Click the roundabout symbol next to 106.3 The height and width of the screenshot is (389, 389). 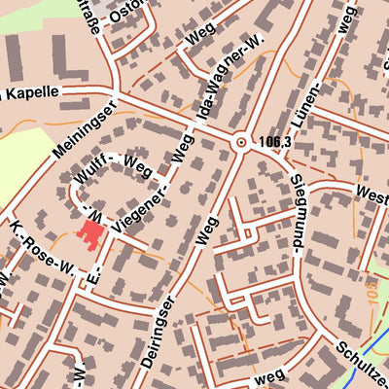click(x=240, y=142)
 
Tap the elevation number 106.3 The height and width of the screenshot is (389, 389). click(x=275, y=142)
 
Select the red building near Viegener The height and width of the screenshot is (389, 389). click(x=91, y=234)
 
